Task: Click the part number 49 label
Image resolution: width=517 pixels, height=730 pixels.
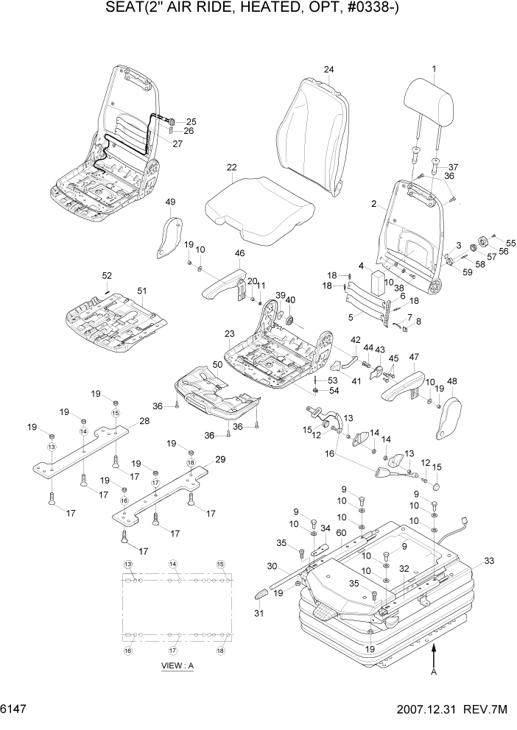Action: point(170,202)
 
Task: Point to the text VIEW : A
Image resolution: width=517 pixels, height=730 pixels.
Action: point(177,666)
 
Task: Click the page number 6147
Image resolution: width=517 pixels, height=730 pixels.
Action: point(18,711)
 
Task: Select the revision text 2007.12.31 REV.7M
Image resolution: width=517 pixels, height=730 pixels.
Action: point(452,711)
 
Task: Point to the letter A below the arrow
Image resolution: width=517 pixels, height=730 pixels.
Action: point(435,670)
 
